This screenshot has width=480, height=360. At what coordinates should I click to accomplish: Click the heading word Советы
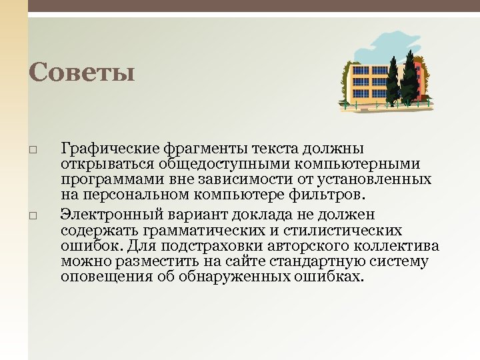point(81,73)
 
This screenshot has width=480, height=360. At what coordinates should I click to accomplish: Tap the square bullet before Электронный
point(33,215)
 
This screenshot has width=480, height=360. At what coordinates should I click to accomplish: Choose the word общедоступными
point(213,164)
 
